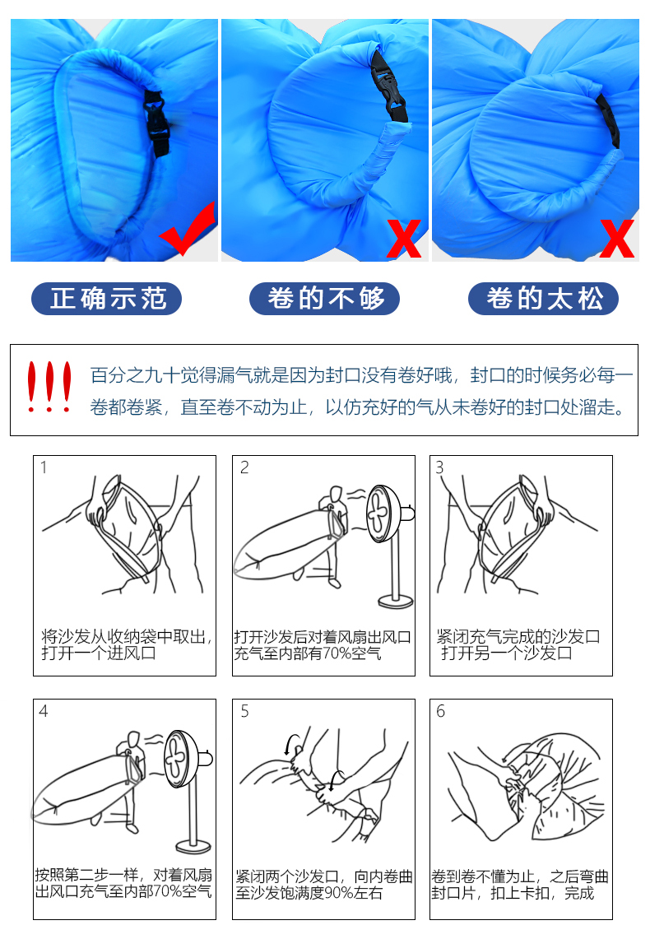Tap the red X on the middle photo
click(404, 239)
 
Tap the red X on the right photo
click(616, 239)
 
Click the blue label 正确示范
click(106, 298)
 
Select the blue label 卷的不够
click(324, 298)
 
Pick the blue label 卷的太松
click(544, 298)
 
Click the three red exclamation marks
click(49, 386)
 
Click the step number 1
click(44, 467)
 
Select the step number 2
click(244, 467)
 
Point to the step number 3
click(440, 467)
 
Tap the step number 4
click(43, 711)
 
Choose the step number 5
click(244, 711)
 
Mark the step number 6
click(440, 711)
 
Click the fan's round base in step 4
click(193, 846)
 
